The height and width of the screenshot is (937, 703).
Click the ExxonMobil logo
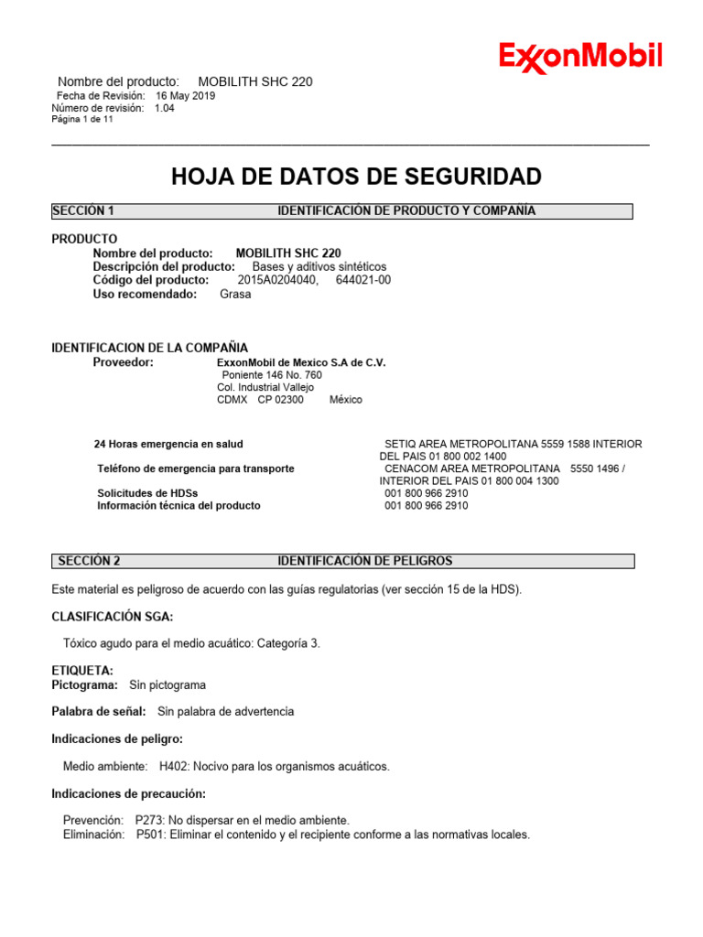[580, 58]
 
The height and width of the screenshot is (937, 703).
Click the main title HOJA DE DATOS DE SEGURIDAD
[356, 177]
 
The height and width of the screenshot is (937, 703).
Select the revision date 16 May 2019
[185, 95]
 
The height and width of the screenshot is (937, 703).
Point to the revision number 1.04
[165, 108]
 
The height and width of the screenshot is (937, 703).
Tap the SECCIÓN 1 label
[83, 211]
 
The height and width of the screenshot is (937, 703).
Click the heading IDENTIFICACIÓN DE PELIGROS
[364, 561]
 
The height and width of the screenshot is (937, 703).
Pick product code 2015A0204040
[277, 280]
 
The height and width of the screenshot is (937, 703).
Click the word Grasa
[235, 295]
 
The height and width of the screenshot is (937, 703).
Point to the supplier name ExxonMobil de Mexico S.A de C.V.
[301, 363]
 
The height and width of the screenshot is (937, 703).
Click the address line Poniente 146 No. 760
[272, 375]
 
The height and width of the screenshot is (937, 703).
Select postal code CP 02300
[280, 400]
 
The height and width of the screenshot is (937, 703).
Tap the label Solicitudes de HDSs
[147, 493]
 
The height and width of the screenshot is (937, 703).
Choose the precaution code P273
[149, 821]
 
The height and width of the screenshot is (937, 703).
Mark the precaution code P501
[151, 835]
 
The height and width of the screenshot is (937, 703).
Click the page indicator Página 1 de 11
[82, 120]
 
